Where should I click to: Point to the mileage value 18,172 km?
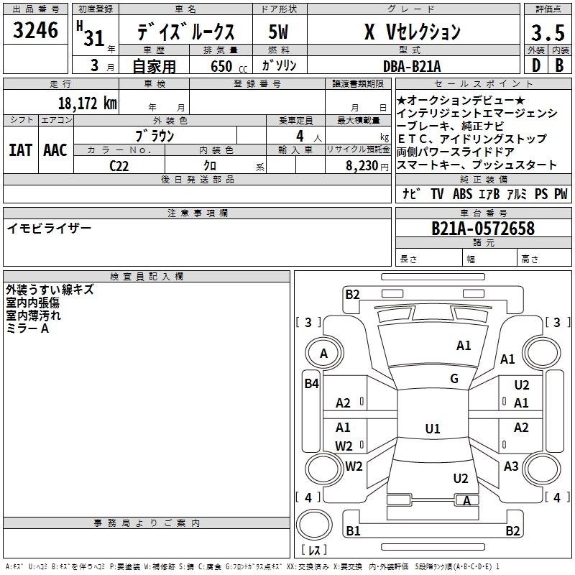coord(87,103)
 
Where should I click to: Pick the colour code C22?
coord(119,165)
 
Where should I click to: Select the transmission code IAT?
coord(21,149)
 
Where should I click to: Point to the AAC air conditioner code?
coord(55,149)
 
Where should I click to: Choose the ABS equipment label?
coord(463,193)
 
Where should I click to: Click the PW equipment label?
coord(561,193)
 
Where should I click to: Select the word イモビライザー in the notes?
coord(49,228)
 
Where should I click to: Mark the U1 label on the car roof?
coord(432,428)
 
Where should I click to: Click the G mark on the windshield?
coord(454,379)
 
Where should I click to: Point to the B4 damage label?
coord(310,384)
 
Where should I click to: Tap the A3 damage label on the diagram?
coord(511,466)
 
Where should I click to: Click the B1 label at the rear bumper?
coord(352,530)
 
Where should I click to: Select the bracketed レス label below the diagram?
coord(314,551)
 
